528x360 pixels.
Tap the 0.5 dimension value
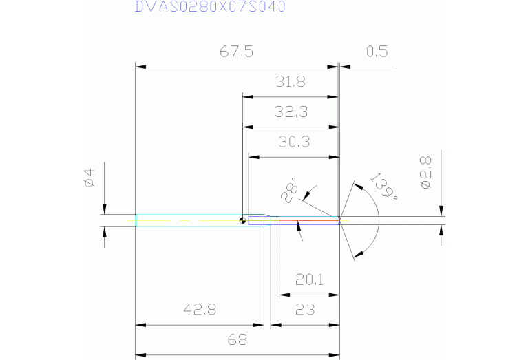tap(377, 52)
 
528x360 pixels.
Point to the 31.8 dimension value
tap(290, 82)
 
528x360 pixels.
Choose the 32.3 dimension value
tap(290, 112)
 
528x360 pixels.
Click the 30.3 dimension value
tap(293, 142)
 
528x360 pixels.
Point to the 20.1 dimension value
tap(309, 280)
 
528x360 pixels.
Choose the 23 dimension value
tap(305, 310)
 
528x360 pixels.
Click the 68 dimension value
tap(237, 339)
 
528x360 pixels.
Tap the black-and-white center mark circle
tap(242, 221)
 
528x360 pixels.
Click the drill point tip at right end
tap(340, 220)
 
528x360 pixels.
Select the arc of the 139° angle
tap(378, 220)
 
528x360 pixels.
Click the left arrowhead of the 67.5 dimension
tap(140, 67)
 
